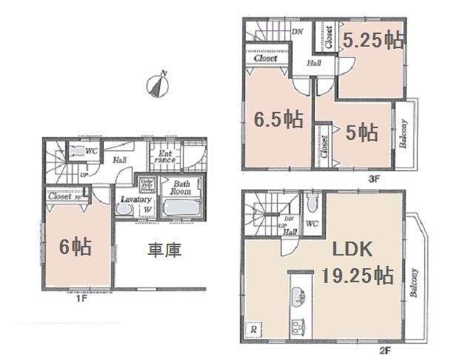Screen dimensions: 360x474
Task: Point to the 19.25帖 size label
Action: click(357, 276)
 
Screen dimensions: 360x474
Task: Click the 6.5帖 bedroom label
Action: click(279, 118)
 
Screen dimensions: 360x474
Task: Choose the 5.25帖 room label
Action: click(374, 40)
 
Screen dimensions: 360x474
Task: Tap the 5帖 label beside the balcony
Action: click(362, 132)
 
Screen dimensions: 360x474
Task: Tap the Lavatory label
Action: click(136, 200)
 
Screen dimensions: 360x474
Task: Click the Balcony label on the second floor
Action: click(413, 281)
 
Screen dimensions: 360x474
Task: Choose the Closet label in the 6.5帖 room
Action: click(265, 58)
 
